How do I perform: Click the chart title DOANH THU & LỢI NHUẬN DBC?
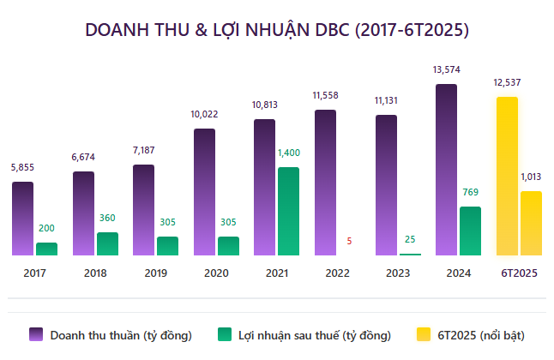277,29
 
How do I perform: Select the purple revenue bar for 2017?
22,219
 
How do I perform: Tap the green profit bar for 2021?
288,211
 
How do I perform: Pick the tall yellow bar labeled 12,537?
507,176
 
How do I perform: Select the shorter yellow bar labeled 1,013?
531,223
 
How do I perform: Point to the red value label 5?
349,242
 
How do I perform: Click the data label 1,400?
288,153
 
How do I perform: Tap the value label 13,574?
447,69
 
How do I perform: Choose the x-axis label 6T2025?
518,273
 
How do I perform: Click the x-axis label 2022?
337,273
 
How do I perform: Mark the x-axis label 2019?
155,273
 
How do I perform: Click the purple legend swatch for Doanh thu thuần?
36,334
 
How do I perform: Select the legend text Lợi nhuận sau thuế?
315,334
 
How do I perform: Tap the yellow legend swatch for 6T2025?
423,334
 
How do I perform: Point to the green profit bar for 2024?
470,231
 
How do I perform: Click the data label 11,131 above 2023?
386,100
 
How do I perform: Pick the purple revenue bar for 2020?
204,192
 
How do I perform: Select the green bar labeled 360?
107,243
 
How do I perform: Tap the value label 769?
470,192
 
